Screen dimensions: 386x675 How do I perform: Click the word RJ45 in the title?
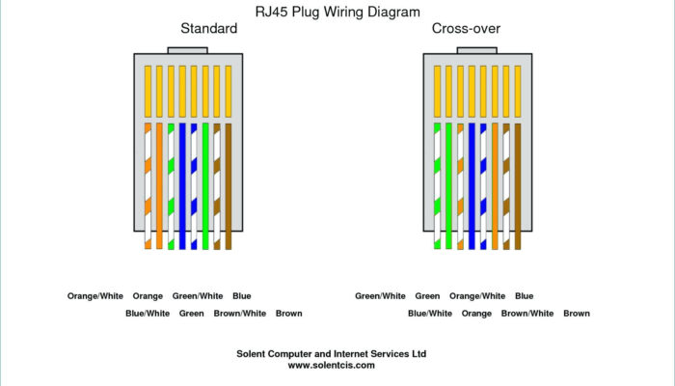pos(272,13)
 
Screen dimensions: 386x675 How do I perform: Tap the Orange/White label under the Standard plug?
pos(95,296)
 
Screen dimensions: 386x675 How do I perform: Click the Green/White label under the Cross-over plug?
pos(380,296)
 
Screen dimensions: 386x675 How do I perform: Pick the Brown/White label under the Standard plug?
pos(240,314)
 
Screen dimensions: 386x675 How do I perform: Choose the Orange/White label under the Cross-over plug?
pos(477,296)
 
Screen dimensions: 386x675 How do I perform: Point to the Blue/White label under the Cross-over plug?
pos(430,314)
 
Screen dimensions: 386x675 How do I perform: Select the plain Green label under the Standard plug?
pos(191,314)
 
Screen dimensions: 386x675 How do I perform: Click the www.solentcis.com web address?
pos(331,366)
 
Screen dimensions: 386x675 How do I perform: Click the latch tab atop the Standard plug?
pos(187,49)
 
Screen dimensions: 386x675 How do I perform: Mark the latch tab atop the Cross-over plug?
pos(476,49)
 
